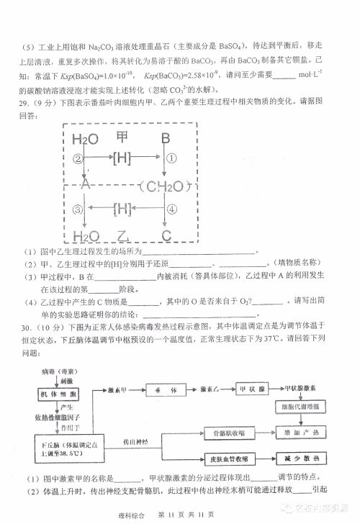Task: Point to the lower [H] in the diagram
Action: (122, 209)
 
